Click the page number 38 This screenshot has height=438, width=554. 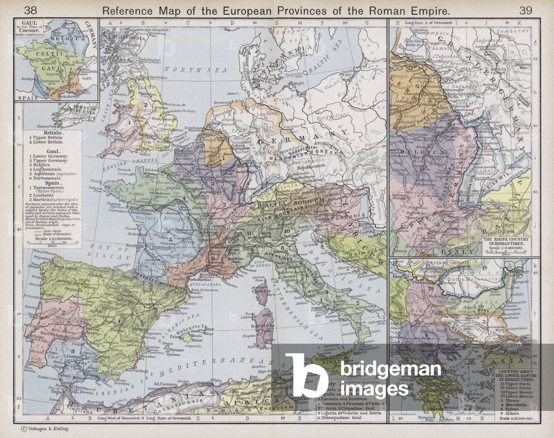pyautogui.click(x=31, y=10)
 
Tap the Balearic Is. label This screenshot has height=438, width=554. pyautogui.click(x=197, y=326)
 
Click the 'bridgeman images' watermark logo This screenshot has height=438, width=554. pyautogui.click(x=363, y=377)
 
